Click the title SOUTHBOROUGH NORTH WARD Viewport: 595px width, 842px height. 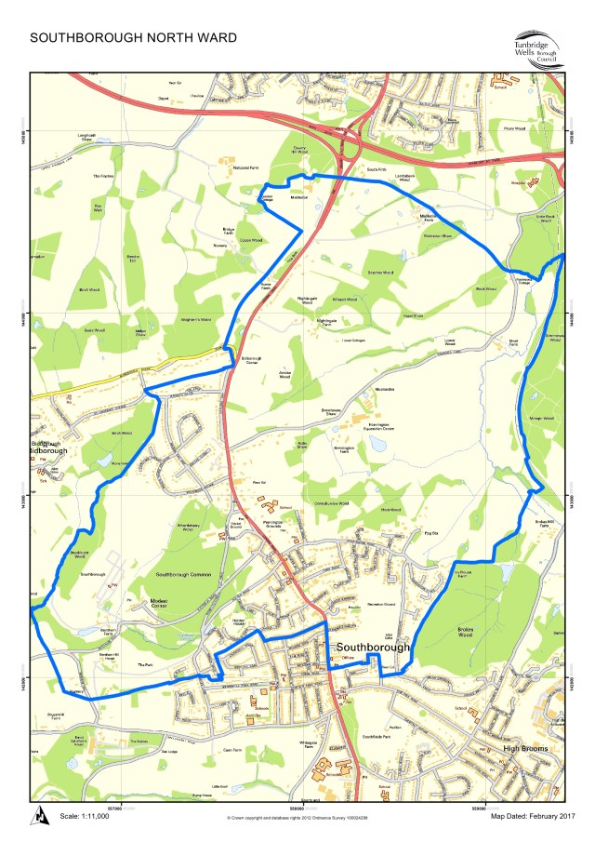click(134, 38)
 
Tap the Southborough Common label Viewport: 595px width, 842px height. click(184, 575)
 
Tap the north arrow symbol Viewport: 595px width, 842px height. click(41, 816)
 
